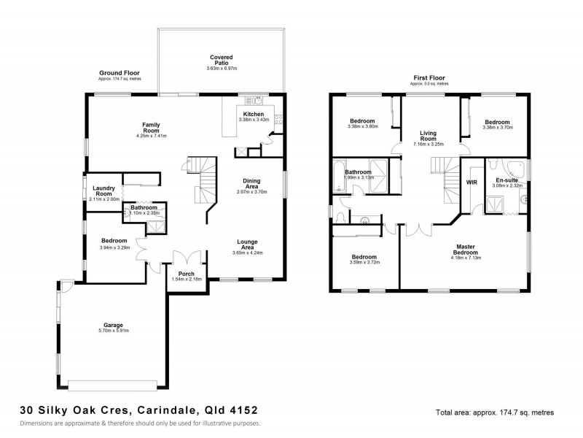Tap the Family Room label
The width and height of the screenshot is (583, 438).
(x=151, y=127)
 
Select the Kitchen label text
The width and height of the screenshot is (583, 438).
(x=254, y=115)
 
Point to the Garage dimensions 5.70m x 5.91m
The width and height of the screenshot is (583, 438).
(x=113, y=330)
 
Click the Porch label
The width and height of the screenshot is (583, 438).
(x=186, y=274)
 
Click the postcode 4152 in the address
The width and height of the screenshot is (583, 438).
(x=240, y=410)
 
